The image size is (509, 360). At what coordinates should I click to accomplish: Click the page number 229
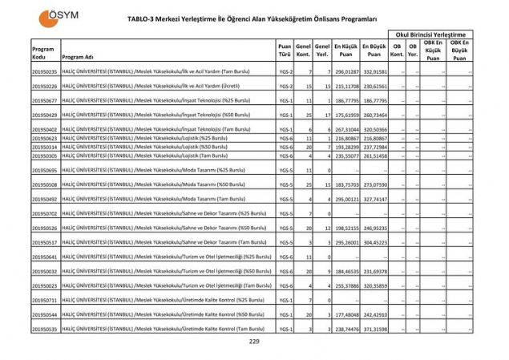click(254, 342)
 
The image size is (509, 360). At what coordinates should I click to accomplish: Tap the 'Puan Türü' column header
click(284, 51)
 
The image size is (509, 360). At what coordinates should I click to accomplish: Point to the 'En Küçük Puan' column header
click(345, 51)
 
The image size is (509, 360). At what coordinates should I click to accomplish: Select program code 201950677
click(44, 101)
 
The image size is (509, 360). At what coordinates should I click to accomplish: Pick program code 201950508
click(44, 184)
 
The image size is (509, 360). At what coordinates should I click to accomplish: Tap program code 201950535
click(44, 329)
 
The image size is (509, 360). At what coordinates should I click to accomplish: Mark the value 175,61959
click(345, 115)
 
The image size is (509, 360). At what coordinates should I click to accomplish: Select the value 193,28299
click(345, 148)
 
